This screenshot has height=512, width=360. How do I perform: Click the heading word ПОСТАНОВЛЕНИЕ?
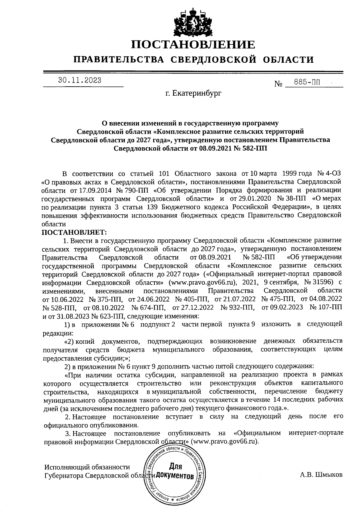[193, 45]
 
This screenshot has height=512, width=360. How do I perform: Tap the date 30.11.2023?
[80, 80]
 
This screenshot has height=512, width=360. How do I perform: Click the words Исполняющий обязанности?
[87, 467]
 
